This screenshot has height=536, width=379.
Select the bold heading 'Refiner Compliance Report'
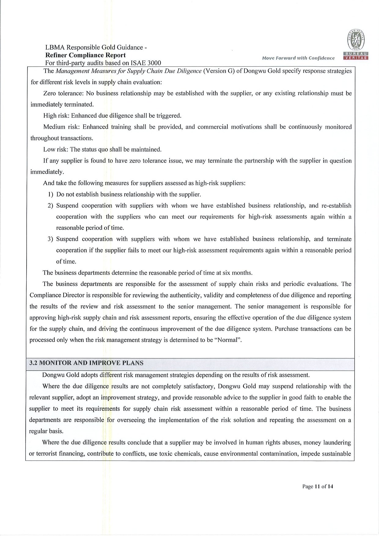click(x=85, y=55)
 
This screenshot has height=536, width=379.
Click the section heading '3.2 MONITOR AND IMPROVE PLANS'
click(x=86, y=363)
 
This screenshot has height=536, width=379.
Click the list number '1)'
click(x=51, y=194)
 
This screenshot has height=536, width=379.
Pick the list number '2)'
click(x=51, y=206)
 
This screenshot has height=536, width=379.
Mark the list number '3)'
click(x=51, y=239)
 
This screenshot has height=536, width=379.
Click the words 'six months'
click(x=239, y=273)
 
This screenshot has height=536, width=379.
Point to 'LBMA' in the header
click(x=55, y=47)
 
